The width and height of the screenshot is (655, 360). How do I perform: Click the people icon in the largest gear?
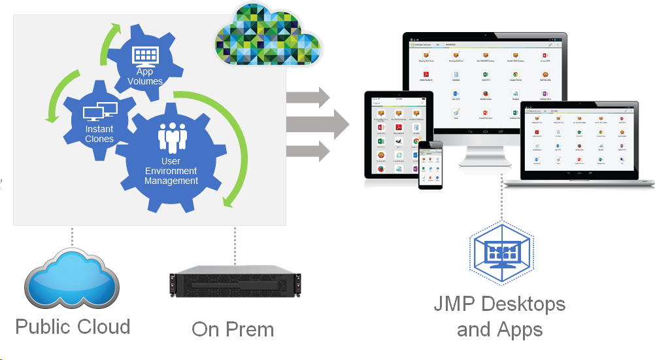pyautogui.click(x=171, y=135)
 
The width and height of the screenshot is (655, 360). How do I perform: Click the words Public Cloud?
pyautogui.click(x=73, y=327)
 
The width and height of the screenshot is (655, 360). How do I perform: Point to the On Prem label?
pyautogui.click(x=232, y=329)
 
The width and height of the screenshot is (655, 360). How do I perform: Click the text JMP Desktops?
pyautogui.click(x=500, y=304)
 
